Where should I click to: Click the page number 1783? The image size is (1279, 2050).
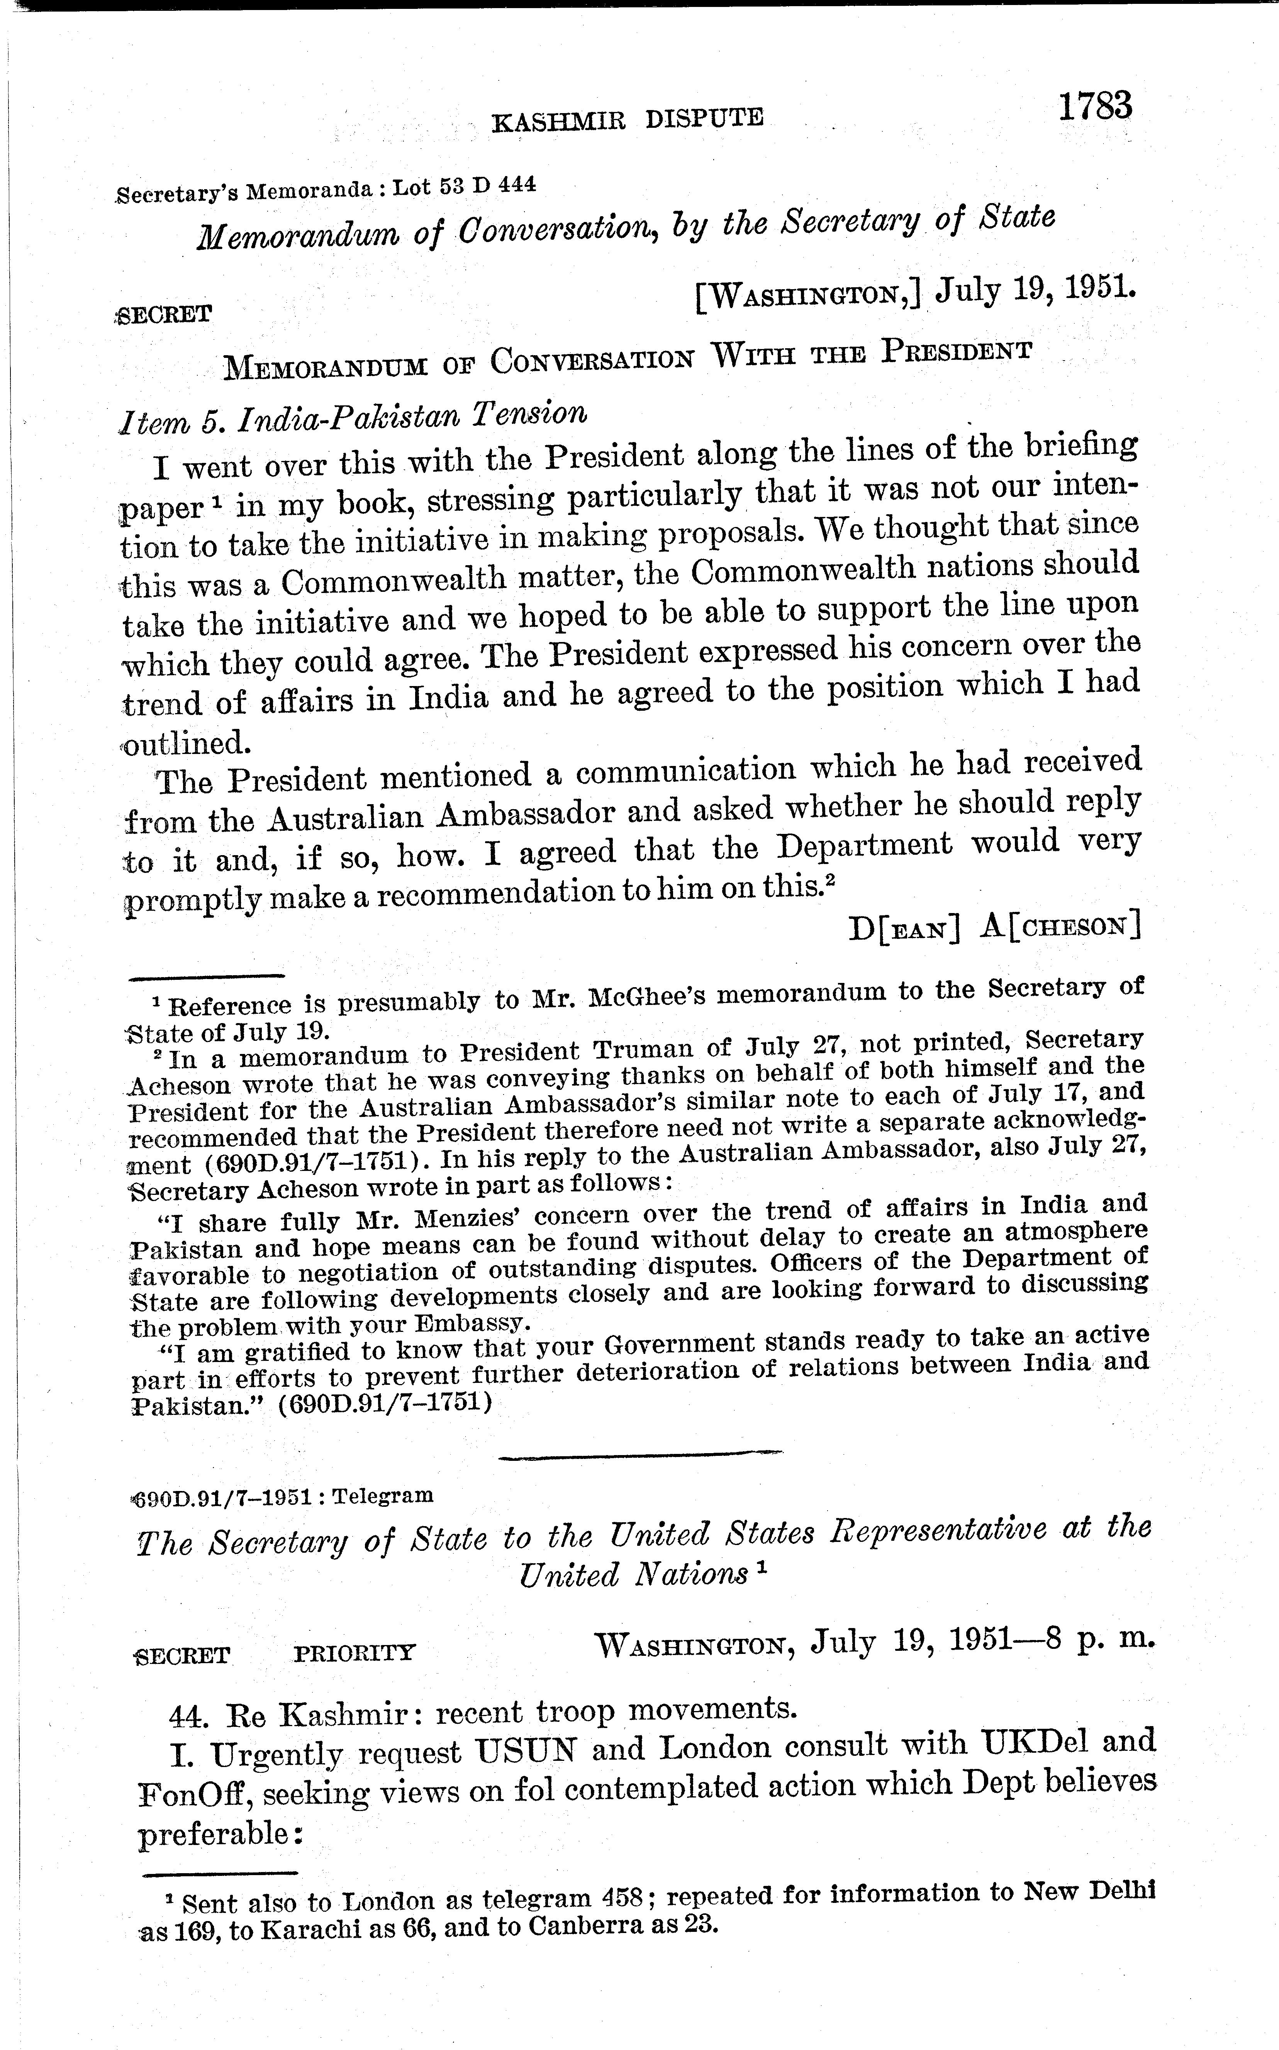1093,107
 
